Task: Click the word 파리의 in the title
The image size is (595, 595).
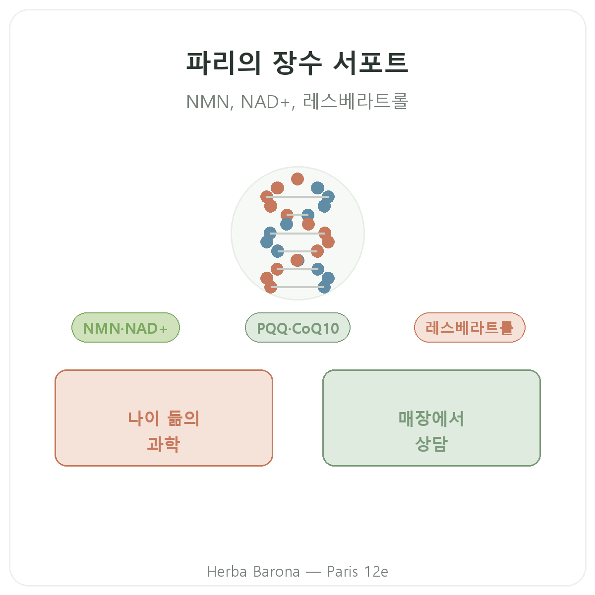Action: pyautogui.click(x=224, y=63)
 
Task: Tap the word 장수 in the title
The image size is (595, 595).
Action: pyautogui.click(x=297, y=63)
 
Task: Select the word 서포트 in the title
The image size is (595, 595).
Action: pyautogui.click(x=371, y=63)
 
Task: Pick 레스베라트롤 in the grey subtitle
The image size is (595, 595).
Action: pyautogui.click(x=356, y=101)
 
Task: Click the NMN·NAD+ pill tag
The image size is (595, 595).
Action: pyautogui.click(x=125, y=328)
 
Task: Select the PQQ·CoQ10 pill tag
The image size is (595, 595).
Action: pyautogui.click(x=297, y=328)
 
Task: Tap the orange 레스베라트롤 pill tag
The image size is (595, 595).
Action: pyautogui.click(x=470, y=328)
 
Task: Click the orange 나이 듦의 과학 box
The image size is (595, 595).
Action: pyautogui.click(x=164, y=418)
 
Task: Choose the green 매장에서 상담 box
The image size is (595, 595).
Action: pyautogui.click(x=431, y=418)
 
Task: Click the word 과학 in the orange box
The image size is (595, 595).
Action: pyautogui.click(x=163, y=444)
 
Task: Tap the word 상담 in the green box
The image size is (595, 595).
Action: pyautogui.click(x=431, y=444)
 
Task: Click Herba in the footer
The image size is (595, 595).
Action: pyautogui.click(x=227, y=572)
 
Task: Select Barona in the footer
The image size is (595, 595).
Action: pyautogui.click(x=276, y=572)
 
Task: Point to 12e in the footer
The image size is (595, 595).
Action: pyautogui.click(x=376, y=572)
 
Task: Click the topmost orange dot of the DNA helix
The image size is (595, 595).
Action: pyautogui.click(x=297, y=179)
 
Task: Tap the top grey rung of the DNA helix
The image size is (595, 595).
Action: pyautogui.click(x=297, y=197)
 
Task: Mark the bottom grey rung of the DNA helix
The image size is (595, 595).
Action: pyautogui.click(x=297, y=287)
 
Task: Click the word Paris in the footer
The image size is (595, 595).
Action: pyautogui.click(x=343, y=572)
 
